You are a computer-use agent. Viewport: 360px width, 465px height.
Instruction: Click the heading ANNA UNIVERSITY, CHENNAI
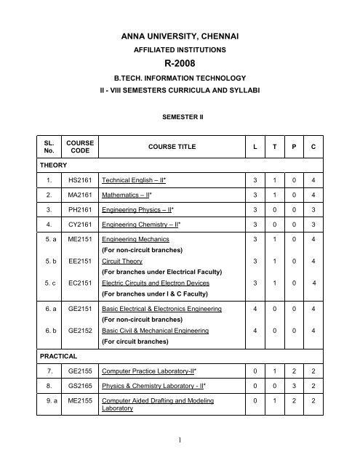179,33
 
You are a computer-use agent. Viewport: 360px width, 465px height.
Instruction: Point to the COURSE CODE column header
76,147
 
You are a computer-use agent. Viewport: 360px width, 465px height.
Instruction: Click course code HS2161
76,179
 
